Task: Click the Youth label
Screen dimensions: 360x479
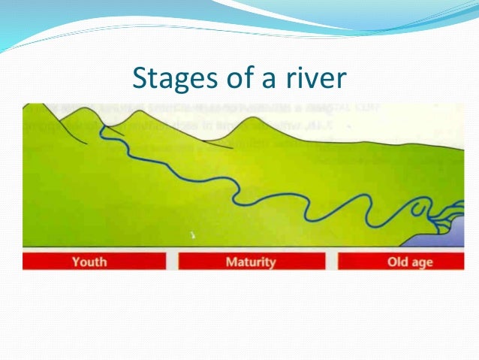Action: [x=89, y=262]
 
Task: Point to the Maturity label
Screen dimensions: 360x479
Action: [x=251, y=262]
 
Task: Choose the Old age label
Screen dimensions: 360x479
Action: [x=410, y=262]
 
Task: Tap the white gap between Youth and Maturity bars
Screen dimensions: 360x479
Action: [x=172, y=262]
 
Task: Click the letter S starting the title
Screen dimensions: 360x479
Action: [x=140, y=77]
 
